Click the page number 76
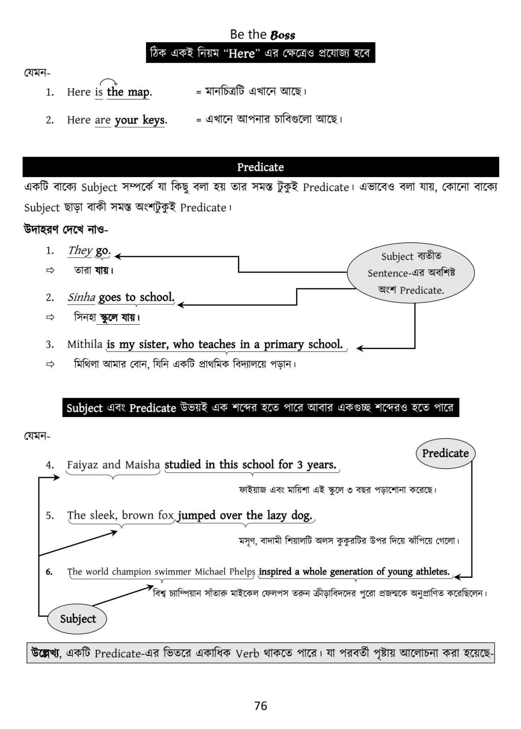coord(260,706)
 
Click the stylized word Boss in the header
coord(283,35)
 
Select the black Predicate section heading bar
coord(260,167)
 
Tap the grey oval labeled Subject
coord(77,619)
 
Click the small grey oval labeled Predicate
coord(445,453)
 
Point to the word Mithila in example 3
coord(85,344)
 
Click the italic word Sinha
coord(81,297)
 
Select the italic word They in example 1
coord(80,250)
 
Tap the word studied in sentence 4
coord(183,465)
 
